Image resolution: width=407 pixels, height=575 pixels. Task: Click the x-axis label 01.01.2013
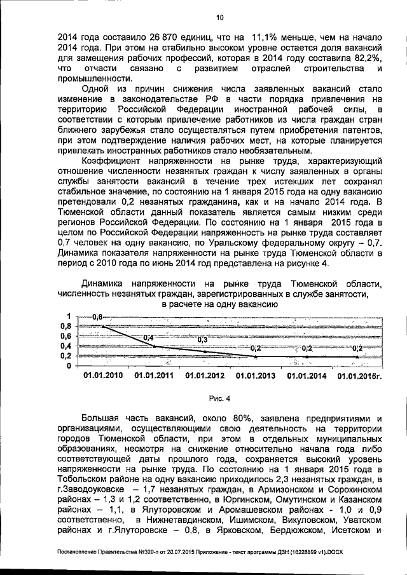(256, 375)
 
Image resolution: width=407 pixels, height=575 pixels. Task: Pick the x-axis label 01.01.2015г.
(360, 375)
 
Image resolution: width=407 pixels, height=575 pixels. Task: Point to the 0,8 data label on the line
(97, 316)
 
